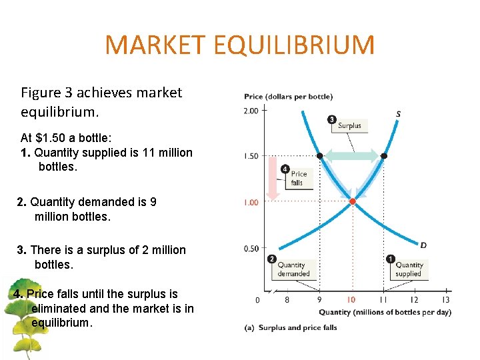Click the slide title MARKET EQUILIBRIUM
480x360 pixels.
240,45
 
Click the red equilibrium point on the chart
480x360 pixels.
353,200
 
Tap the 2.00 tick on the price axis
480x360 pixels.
251,111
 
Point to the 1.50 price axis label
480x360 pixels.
251,156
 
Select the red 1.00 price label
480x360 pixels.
251,202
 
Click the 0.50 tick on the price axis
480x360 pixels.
251,249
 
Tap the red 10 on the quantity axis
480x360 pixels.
351,300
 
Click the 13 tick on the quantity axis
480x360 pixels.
445,300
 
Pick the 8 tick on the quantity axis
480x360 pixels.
287,300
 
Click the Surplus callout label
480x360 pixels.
349,125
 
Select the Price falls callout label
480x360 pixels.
298,178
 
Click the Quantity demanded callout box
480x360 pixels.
293,269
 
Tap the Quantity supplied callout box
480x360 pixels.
408,269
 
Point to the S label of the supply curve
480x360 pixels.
398,114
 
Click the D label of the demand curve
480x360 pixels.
423,245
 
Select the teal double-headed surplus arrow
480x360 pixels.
351,156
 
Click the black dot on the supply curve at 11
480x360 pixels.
383,156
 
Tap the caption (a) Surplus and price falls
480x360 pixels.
291,327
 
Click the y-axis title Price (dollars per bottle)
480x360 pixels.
288,97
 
